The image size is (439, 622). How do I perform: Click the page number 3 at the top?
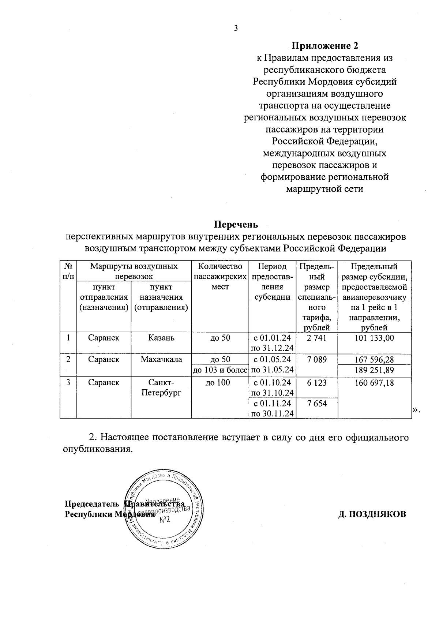click(236, 29)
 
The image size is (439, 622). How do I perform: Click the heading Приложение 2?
click(325, 46)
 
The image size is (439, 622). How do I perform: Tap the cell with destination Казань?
click(161, 338)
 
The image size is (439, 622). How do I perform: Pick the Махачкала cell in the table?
click(161, 359)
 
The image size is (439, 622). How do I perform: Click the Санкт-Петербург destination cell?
click(161, 388)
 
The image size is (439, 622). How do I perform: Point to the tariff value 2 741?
click(316, 338)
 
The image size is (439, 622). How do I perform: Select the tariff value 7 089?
click(316, 359)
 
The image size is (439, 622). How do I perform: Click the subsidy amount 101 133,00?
click(374, 338)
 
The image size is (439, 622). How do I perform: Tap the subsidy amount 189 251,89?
click(374, 370)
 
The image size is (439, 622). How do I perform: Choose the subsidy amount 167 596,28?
click(374, 359)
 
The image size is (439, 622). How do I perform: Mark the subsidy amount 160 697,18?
click(374, 383)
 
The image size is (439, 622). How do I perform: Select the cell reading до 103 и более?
click(220, 370)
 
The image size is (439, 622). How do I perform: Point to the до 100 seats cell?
click(220, 383)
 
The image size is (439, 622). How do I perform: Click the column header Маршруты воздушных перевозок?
click(134, 271)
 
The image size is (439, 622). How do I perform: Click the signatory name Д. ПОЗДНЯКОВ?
click(372, 514)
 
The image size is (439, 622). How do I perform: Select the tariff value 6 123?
click(316, 383)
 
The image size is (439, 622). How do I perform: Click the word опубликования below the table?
click(98, 449)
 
